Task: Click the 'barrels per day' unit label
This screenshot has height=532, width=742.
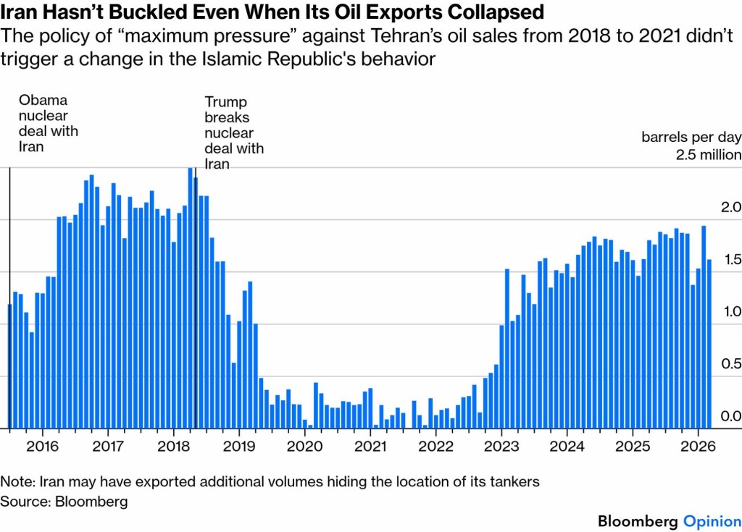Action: tap(691, 137)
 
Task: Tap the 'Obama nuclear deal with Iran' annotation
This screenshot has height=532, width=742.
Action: tap(47, 123)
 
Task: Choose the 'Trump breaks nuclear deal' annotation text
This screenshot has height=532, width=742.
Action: tap(233, 133)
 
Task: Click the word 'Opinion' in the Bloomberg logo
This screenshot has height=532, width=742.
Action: tap(711, 521)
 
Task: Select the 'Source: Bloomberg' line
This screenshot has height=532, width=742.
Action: tap(64, 501)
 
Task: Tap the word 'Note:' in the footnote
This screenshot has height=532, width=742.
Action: tap(18, 481)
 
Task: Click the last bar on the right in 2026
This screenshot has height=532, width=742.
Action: tap(709, 344)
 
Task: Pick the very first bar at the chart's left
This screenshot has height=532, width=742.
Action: tap(9, 366)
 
